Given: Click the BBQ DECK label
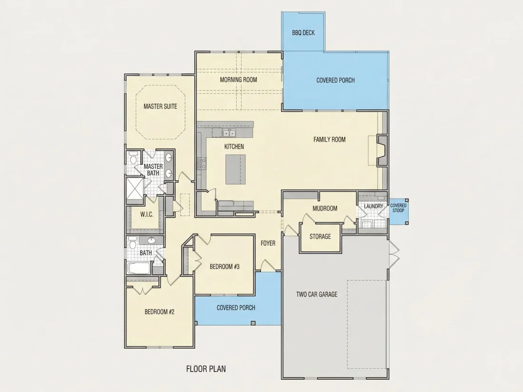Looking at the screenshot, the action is coord(303,33).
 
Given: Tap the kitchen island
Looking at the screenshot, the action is coord(235,169).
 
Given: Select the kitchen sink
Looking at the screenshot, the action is coord(229,133).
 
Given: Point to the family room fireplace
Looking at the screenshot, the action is coord(382,150).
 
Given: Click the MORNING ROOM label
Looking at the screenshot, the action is coord(239,80).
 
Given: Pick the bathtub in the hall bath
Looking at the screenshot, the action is coord(139,268).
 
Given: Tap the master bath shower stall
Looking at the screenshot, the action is coord(135,191).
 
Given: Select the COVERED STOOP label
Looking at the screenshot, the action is coord(398,208).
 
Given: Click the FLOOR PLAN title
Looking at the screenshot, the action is coord(206,369).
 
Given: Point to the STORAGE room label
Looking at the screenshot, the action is coord(320,236).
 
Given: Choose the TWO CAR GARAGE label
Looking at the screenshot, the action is coord(317,294).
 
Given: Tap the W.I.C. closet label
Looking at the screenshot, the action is coord(147,214).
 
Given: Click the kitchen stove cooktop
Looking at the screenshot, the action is coord(201,163).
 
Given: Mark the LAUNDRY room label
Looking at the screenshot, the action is coord(374,206).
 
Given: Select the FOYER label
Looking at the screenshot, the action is coord(268,243).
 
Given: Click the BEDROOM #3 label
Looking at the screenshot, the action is coord(224,267).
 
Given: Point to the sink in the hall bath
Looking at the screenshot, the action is coord(151,240).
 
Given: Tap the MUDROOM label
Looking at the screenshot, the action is coord(325,208).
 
